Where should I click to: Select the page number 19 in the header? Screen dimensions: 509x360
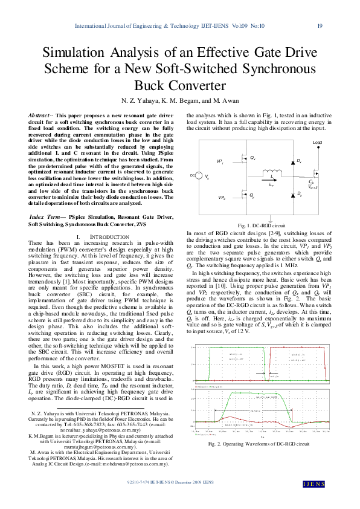[x=320, y=26]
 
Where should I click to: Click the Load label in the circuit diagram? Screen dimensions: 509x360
[x=317, y=143]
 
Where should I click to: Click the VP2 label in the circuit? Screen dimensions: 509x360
[x=222, y=198]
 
